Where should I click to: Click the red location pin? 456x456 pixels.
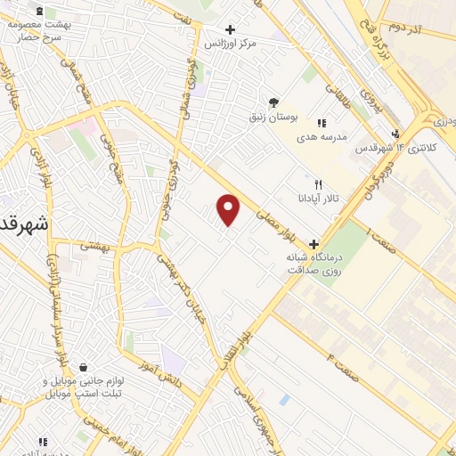point(229,209)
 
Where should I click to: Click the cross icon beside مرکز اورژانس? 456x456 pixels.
point(231,29)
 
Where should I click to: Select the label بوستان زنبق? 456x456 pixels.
point(274,117)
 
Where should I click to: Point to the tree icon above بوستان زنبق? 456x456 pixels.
point(273,102)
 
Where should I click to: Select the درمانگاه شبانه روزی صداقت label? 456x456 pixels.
point(313,263)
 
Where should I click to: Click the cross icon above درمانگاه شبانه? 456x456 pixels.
point(313,243)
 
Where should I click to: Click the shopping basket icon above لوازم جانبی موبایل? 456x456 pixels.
point(83,367)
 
